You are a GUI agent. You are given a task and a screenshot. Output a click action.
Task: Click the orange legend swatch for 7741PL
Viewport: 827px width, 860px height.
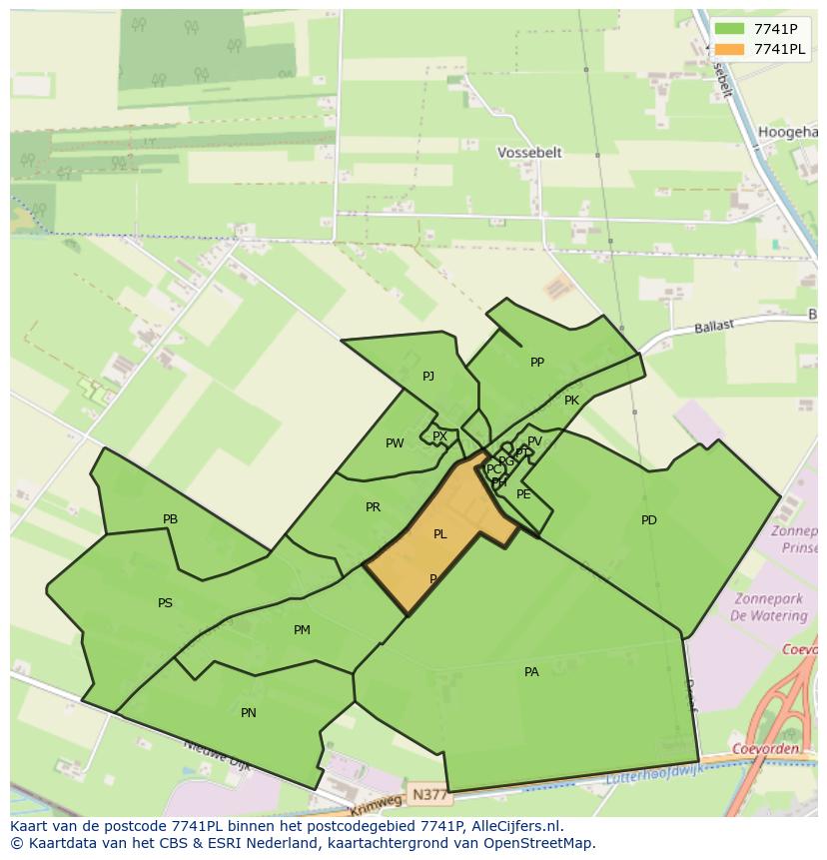729,50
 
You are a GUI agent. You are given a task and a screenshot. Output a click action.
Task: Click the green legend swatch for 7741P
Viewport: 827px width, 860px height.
729,30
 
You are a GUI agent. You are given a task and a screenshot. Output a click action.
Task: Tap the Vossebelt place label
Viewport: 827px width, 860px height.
529,153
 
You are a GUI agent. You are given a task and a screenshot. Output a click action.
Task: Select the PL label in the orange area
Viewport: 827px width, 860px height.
440,534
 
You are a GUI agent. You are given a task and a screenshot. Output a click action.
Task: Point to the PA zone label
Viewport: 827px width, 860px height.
531,672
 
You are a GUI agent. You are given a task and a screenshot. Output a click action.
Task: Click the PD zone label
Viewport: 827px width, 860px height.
649,520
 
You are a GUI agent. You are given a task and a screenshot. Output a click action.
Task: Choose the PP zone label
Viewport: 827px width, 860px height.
537,363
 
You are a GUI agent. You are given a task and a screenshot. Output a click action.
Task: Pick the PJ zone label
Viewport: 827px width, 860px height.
428,377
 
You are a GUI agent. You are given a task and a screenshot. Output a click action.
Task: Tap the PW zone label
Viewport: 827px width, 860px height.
395,443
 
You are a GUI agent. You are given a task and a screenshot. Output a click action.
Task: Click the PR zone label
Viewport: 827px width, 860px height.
373,507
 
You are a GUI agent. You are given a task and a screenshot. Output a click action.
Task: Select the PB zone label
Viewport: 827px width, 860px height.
170,519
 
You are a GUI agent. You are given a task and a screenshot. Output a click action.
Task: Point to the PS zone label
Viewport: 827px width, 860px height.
165,603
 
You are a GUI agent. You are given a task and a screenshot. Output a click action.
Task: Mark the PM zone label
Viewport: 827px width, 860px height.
302,630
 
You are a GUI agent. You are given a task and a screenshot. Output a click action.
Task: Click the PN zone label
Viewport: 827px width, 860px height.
249,713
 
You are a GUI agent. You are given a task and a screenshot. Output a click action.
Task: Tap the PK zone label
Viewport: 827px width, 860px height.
571,401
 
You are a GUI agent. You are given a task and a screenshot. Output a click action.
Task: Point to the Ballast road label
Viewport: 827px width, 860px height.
715,326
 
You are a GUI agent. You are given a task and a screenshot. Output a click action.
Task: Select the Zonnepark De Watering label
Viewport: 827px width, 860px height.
770,607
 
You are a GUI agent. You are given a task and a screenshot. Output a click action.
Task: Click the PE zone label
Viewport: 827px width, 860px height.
523,494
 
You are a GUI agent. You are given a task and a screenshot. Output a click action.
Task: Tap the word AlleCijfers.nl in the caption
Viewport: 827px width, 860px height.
518,826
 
